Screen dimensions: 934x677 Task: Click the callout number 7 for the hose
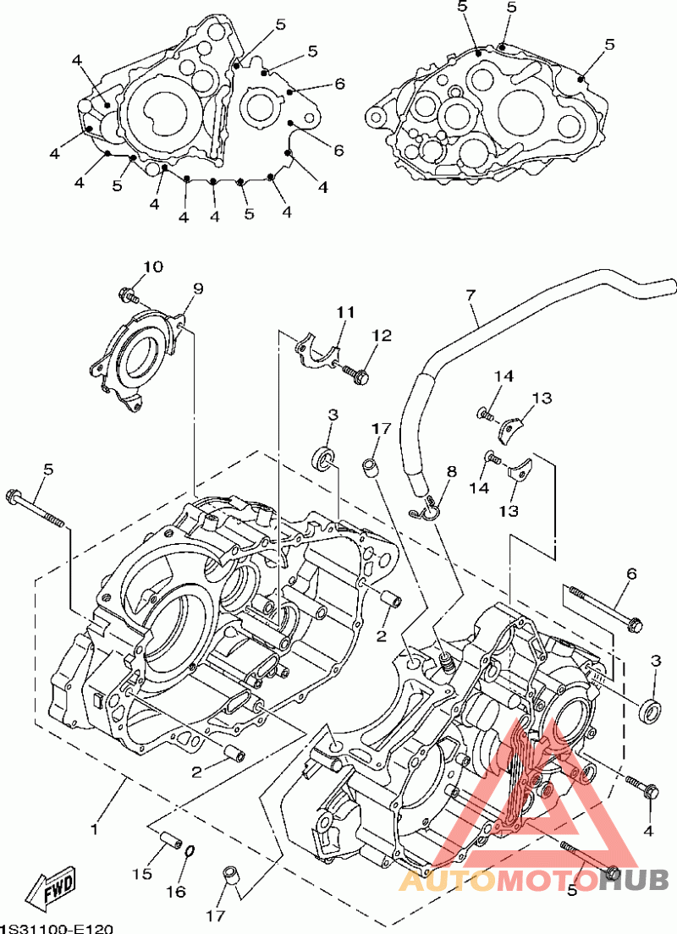coord(471,295)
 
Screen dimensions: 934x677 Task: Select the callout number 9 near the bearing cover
coord(197,289)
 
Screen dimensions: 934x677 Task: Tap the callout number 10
coord(152,267)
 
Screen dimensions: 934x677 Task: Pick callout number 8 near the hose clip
coord(452,471)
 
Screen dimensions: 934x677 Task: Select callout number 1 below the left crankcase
coord(95,828)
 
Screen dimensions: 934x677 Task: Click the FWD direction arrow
coord(52,888)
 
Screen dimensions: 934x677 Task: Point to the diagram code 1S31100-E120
coord(56,928)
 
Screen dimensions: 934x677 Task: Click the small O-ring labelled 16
coord(191,850)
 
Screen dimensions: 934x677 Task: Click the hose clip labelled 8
coord(430,508)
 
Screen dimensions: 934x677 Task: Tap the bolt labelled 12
coord(357,373)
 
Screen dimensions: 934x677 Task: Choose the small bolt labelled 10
coord(128,295)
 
